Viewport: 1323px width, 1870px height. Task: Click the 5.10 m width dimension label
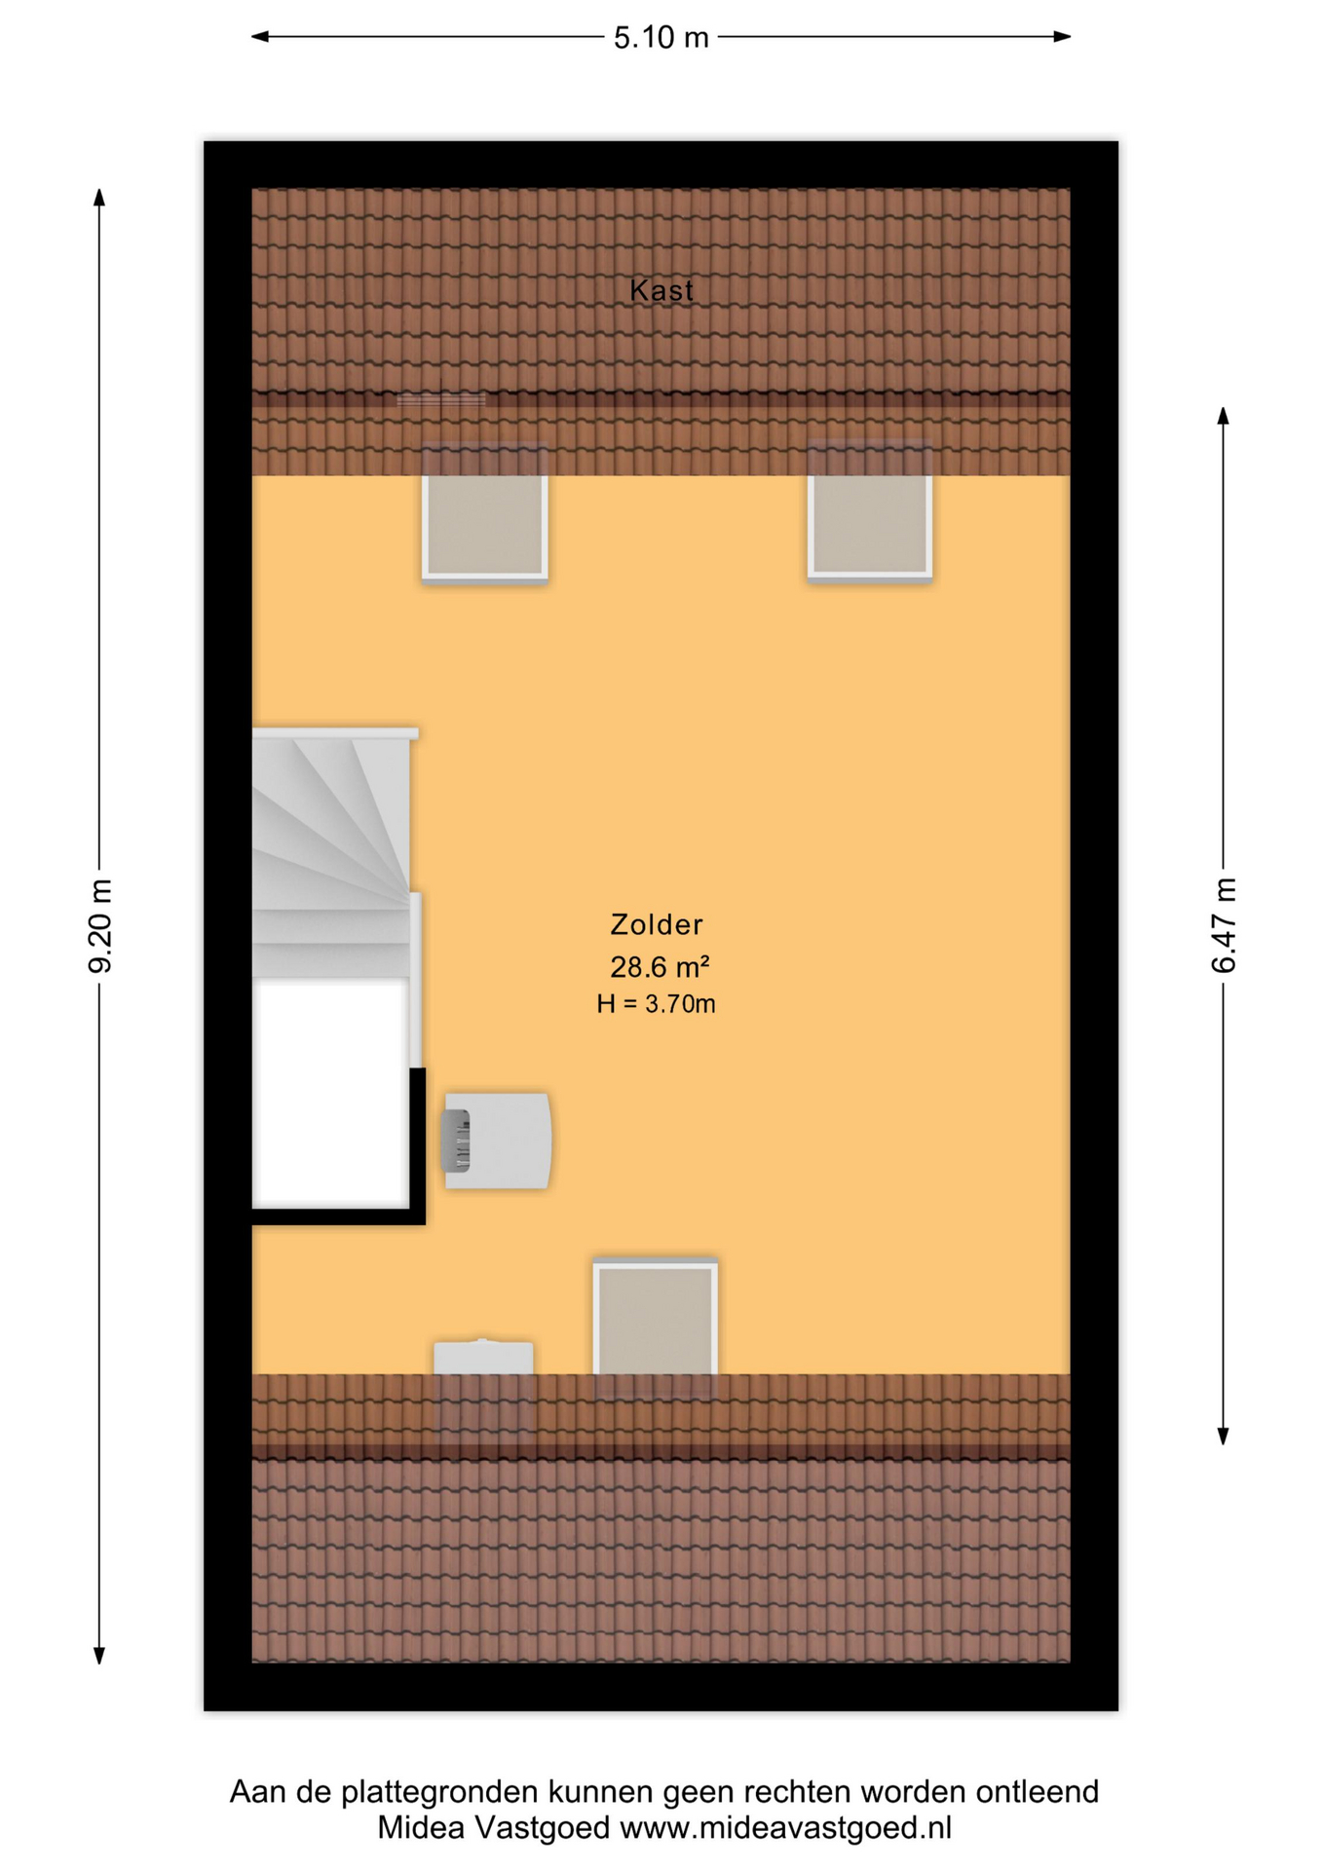click(661, 38)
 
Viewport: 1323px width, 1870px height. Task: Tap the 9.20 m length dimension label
click(100, 925)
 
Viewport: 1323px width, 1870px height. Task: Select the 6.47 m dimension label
click(1224, 925)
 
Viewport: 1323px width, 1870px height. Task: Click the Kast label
click(661, 290)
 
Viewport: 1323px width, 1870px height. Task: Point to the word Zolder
click(657, 924)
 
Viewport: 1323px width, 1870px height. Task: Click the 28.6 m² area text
click(660, 967)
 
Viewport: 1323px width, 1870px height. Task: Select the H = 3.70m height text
click(657, 1004)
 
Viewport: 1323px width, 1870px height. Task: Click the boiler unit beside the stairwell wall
click(498, 1141)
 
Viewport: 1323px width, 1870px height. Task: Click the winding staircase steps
click(331, 853)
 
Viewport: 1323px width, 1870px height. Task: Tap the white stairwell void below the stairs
click(330, 1094)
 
